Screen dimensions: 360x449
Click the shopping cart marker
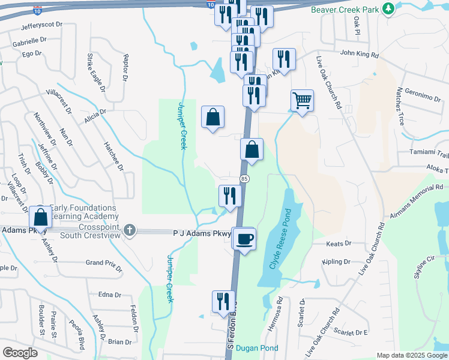pos(302,100)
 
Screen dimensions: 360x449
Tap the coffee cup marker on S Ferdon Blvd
pos(244,239)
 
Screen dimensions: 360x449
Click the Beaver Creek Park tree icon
pos(389,9)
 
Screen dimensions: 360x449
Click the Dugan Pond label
pos(257,348)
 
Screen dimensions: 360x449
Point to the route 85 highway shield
pos(244,179)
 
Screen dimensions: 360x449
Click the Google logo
pos(20,352)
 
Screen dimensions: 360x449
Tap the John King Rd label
pos(359,55)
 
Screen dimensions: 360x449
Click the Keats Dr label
pos(339,244)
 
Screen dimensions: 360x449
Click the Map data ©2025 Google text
pos(412,355)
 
